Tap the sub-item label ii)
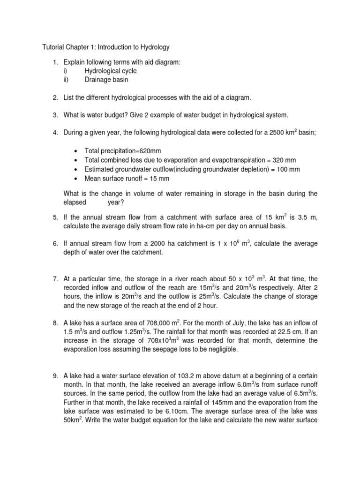[66, 79]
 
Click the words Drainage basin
[106, 79]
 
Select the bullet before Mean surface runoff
[75, 178]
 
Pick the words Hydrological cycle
[111, 70]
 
